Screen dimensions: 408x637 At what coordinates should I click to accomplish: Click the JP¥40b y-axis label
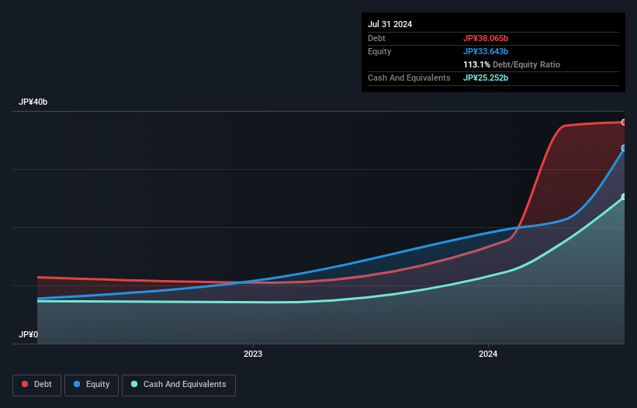[x=33, y=102]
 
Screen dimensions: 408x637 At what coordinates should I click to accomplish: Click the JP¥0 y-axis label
[x=28, y=335]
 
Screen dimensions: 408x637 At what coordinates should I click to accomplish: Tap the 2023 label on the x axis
[x=252, y=354]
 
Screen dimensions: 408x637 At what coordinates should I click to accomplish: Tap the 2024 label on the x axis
[x=488, y=354]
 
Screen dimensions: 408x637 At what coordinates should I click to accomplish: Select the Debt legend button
[x=36, y=385]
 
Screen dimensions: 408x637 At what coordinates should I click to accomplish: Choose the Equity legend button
[x=92, y=385]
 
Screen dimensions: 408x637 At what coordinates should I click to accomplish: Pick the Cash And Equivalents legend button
[x=178, y=385]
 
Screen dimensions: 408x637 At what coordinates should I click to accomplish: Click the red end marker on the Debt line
[x=623, y=122]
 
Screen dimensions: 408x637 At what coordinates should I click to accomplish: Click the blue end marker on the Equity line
[x=623, y=147]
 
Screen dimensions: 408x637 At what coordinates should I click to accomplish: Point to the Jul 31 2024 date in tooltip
[x=390, y=24]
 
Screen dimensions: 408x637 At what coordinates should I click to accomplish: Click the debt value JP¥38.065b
[x=486, y=38]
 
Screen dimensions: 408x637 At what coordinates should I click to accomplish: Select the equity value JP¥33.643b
[x=486, y=51]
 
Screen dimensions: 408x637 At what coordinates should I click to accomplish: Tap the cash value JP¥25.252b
[x=486, y=78]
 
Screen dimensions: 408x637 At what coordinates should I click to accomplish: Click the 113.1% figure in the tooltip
[x=476, y=64]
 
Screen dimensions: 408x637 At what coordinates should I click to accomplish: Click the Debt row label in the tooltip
[x=377, y=38]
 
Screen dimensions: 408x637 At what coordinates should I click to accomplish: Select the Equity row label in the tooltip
[x=379, y=51]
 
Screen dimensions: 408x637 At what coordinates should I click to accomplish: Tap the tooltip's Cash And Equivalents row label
[x=409, y=78]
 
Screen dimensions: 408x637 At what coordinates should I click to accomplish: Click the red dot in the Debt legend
[x=26, y=385]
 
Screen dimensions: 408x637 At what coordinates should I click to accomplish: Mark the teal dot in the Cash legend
[x=135, y=385]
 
